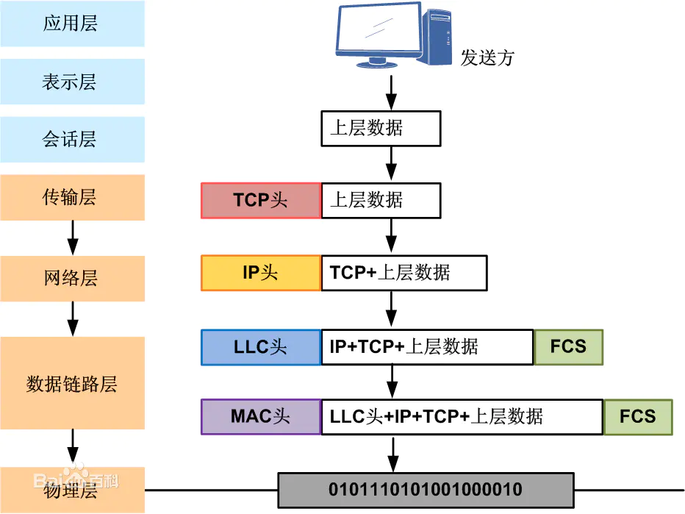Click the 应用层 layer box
pos(72,24)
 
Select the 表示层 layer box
pos(72,82)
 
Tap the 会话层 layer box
pos(72,140)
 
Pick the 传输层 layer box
pos(72,197)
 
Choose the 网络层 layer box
pos(72,279)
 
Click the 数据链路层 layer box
pos(72,383)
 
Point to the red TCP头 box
pos(261,201)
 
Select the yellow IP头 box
pos(261,273)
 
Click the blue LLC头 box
pos(261,347)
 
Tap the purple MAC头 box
pos(261,417)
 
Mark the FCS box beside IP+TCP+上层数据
pos(568,347)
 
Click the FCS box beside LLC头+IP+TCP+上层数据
pos(637,417)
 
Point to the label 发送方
pos(487,58)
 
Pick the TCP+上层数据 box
pos(404,273)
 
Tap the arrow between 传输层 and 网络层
pos(72,238)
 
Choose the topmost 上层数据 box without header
pos(381,129)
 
